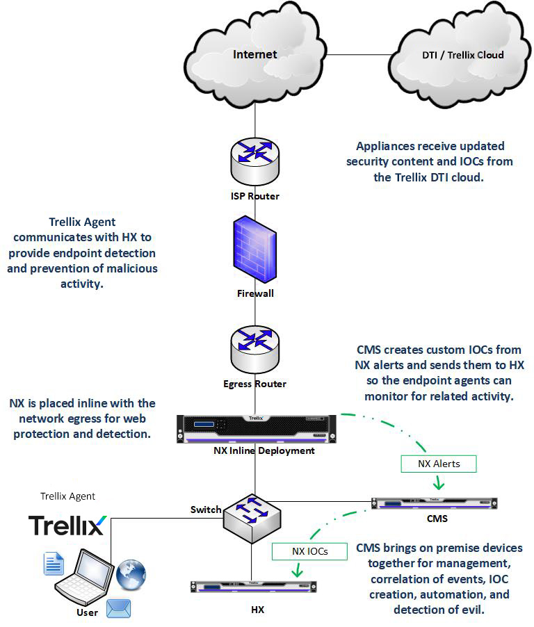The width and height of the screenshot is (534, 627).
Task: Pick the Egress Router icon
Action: click(x=255, y=351)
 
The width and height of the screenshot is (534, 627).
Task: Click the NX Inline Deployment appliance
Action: click(x=255, y=428)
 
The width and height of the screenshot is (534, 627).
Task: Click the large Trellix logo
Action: click(x=67, y=525)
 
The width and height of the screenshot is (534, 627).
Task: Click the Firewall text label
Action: click(x=255, y=293)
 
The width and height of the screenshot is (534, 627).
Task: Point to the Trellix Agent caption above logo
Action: click(x=67, y=496)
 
